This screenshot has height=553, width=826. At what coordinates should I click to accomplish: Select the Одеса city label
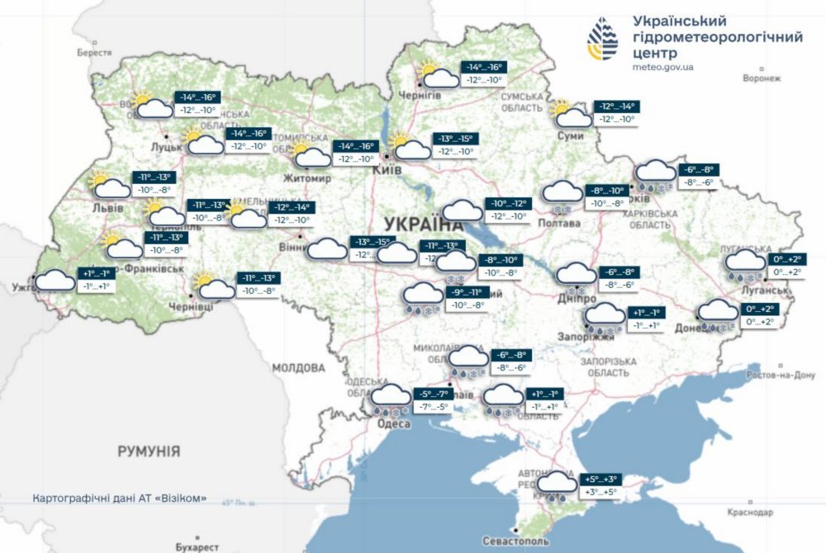393,423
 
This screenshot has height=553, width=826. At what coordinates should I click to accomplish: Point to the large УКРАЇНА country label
423,225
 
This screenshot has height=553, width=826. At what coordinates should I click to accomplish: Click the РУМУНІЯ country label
149,451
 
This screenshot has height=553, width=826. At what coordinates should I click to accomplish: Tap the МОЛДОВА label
299,367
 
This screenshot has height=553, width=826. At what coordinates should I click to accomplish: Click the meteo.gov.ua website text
662,67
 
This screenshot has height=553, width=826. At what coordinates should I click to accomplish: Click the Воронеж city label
761,78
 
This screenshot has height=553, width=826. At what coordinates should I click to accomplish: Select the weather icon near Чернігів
438,75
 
